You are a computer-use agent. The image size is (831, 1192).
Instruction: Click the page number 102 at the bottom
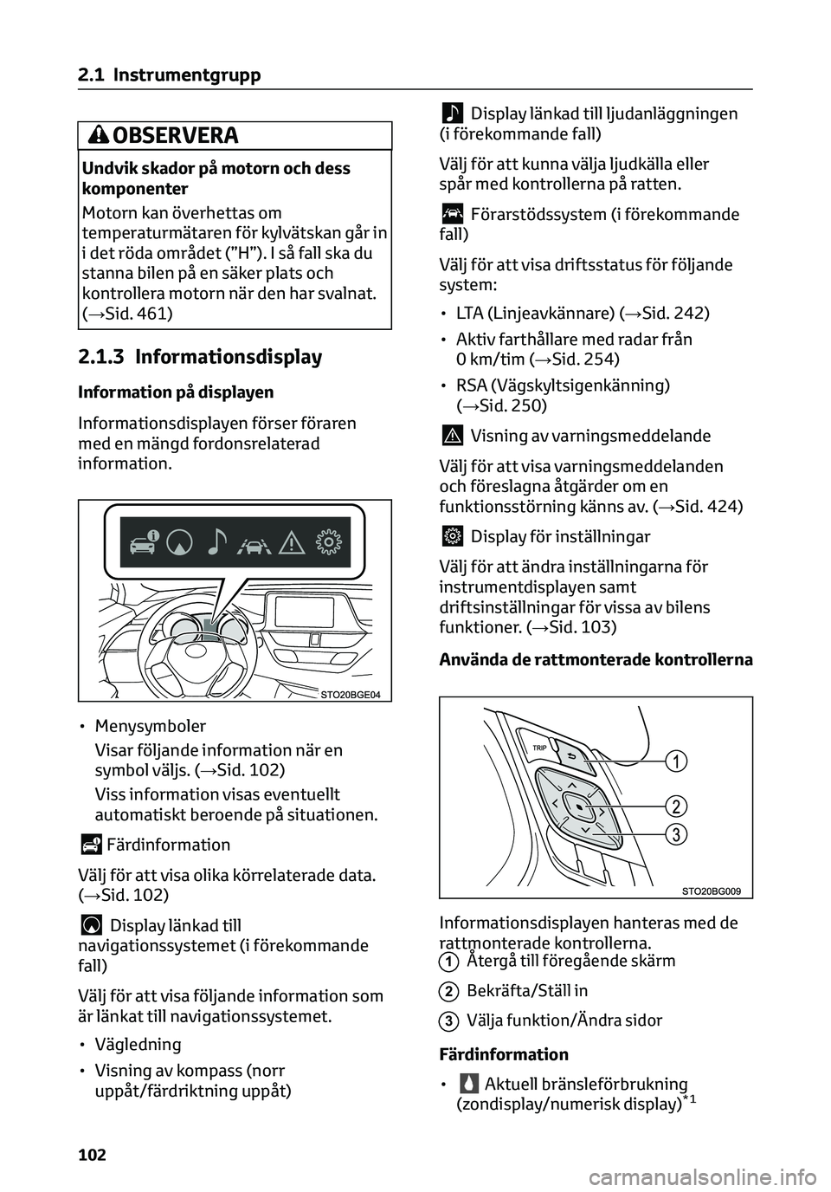[x=92, y=1154]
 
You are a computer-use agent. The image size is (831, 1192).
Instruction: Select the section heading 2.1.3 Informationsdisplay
[x=199, y=357]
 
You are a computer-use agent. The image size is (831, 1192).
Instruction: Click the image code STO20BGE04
[x=350, y=694]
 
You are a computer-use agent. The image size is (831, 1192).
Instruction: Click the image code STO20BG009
[x=712, y=891]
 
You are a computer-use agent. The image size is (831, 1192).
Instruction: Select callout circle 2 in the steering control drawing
[x=675, y=807]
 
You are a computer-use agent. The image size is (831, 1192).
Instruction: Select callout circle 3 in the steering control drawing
[x=675, y=834]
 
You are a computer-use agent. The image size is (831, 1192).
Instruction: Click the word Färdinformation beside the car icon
[x=168, y=845]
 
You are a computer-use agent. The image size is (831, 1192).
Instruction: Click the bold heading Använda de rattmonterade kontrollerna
[x=596, y=659]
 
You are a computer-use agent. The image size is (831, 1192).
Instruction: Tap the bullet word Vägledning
[x=138, y=1044]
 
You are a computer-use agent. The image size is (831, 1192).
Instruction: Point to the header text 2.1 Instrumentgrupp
[x=169, y=75]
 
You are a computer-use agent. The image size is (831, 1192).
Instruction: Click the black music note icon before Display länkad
[x=452, y=113]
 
